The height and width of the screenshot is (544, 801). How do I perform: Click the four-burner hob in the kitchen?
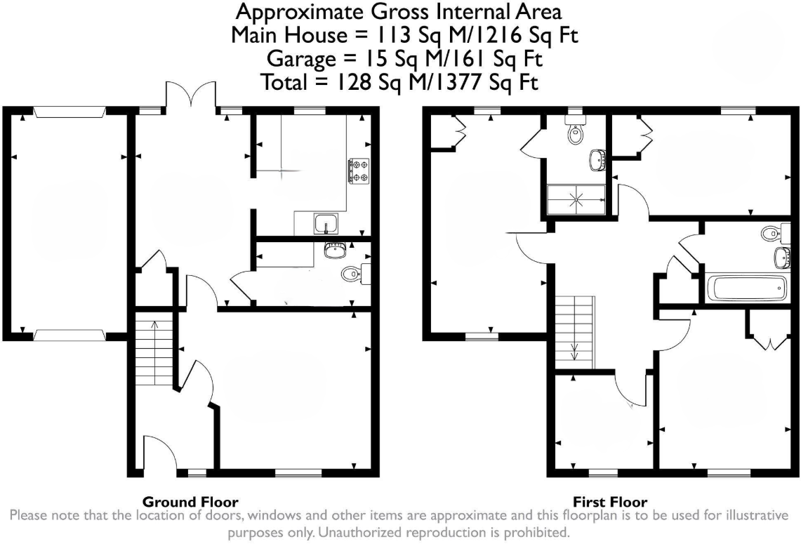pyautogui.click(x=358, y=171)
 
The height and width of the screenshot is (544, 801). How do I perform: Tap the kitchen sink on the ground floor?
pyautogui.click(x=327, y=224)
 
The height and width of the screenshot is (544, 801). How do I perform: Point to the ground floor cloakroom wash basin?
pyautogui.click(x=336, y=248)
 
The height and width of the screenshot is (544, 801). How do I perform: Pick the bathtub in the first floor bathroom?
pyautogui.click(x=746, y=288)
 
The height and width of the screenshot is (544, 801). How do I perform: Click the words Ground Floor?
pyautogui.click(x=190, y=502)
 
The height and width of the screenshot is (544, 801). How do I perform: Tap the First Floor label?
pyautogui.click(x=610, y=502)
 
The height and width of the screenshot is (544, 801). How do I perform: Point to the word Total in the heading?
pyautogui.click(x=285, y=83)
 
